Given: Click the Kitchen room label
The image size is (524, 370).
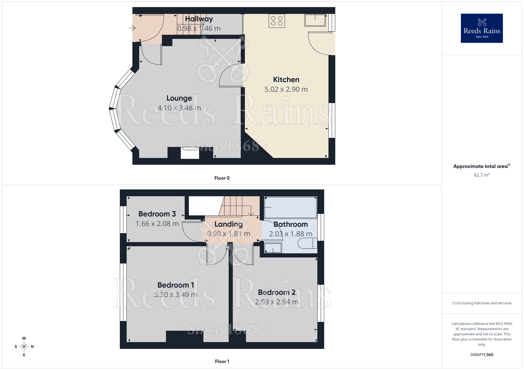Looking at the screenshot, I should coord(286,80).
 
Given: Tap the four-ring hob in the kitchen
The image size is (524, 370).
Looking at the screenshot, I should coord(277,21).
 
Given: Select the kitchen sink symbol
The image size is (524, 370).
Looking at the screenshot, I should coord(315,20).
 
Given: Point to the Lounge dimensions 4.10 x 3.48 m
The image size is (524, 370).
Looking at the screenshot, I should coord(179,108).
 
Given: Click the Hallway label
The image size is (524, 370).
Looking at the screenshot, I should coord(199,19).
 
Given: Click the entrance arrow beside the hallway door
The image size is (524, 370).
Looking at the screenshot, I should coord(132,28).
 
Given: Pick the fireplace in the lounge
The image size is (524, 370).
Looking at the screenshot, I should coord(190,153).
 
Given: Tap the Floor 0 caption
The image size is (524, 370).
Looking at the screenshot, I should coord(222,178).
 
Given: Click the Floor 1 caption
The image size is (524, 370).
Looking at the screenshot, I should coord(222,361).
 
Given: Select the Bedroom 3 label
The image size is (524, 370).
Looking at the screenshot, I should coord(157,214).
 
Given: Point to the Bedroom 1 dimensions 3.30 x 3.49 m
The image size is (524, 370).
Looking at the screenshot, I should coord(176,295).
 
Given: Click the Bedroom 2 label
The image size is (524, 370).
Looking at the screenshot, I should coord(277,292).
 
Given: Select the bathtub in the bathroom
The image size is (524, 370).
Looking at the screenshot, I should coord(291,208).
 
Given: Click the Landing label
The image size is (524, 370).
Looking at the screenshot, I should coord(228,224).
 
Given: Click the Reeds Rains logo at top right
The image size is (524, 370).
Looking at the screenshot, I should coord(482,28).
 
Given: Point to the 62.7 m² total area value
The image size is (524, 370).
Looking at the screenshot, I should coord(482,175).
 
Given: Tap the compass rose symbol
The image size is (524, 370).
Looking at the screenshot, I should coord(24,347).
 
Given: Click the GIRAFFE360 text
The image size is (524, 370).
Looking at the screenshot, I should coord(482,355).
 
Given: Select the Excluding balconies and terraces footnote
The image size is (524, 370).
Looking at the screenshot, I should coord(482,303).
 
